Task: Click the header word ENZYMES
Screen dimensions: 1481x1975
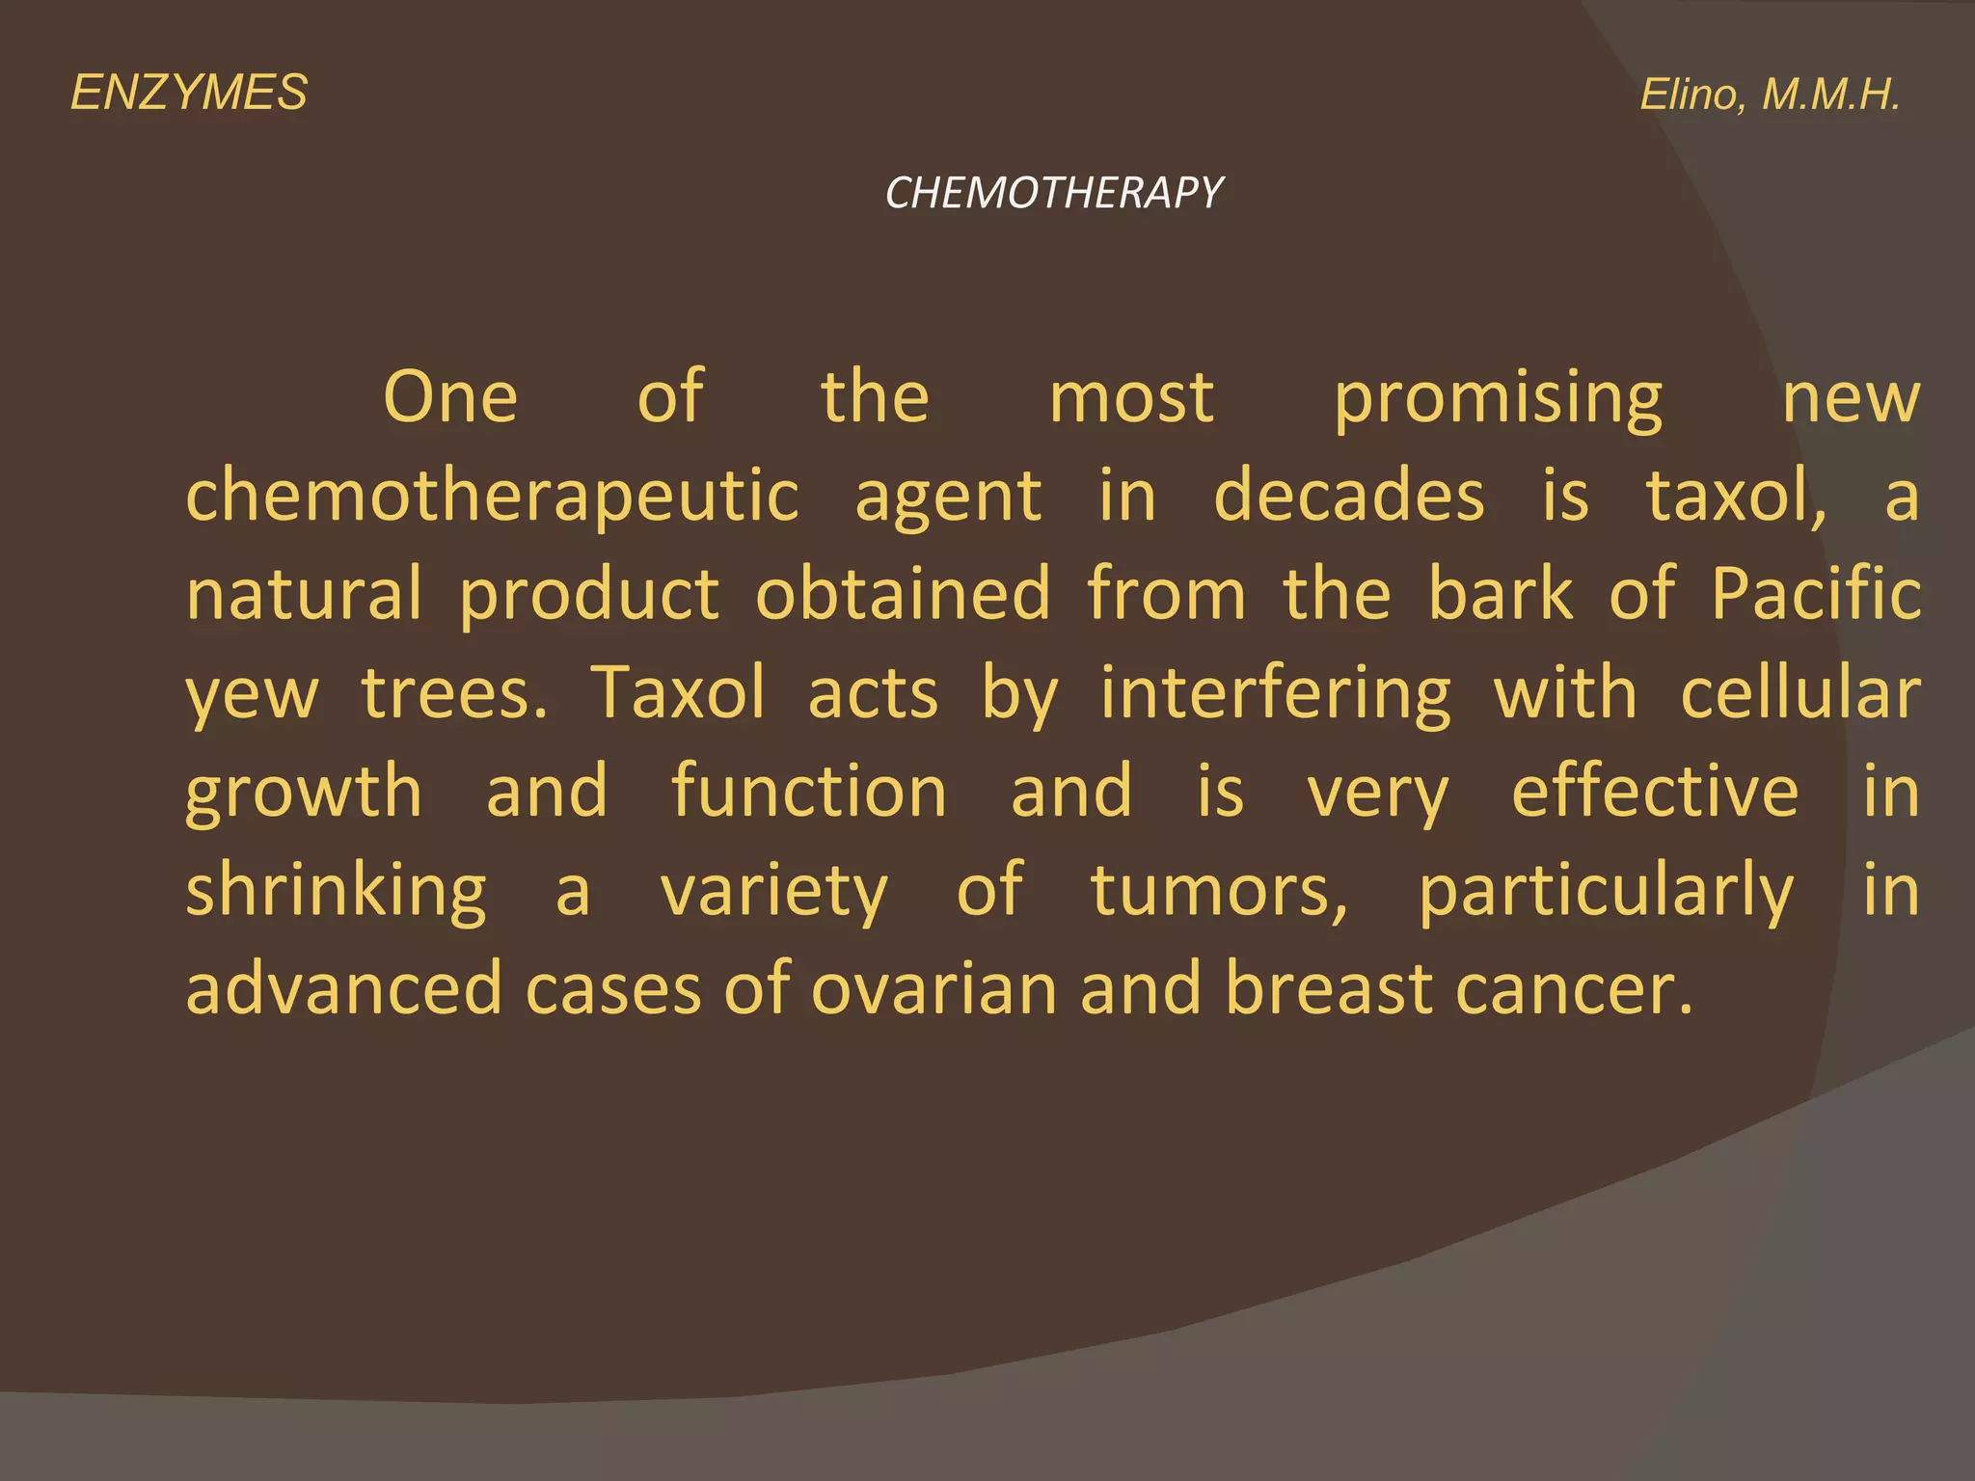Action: [x=189, y=94]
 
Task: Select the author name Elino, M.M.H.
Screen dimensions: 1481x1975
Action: [x=1770, y=95]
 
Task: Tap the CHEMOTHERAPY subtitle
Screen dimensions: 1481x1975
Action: [x=1053, y=193]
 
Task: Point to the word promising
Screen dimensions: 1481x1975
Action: [x=1498, y=399]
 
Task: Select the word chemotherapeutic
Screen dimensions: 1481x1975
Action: [x=492, y=497]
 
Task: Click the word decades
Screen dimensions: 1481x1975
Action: [x=1348, y=497]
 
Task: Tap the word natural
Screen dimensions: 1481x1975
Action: [x=304, y=595]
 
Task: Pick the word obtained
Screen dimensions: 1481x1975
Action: [x=903, y=595]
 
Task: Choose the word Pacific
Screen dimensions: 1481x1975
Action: [x=1816, y=595]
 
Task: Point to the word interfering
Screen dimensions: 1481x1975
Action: [x=1276, y=694]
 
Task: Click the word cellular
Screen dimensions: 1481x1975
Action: [x=1800, y=694]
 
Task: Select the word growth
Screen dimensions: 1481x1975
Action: [x=304, y=794]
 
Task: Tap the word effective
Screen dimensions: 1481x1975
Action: [x=1655, y=793]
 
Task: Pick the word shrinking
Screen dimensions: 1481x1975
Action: [x=337, y=892]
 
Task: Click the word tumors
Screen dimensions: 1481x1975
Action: [x=1219, y=892]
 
